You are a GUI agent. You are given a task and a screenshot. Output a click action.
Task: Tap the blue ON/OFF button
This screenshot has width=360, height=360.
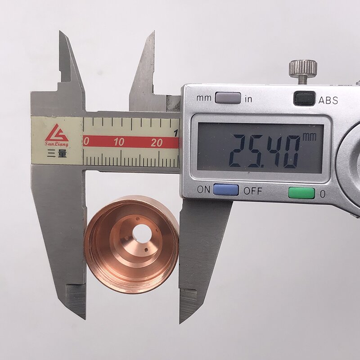[x=225, y=190]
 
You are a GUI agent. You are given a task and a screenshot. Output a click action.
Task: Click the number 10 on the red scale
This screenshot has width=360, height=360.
[x=119, y=143]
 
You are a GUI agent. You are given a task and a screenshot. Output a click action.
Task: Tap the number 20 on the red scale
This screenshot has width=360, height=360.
[x=157, y=143]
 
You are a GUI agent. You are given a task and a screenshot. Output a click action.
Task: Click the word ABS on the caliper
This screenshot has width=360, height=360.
[x=328, y=100]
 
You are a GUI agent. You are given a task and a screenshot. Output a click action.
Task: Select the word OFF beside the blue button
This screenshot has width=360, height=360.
[x=253, y=190]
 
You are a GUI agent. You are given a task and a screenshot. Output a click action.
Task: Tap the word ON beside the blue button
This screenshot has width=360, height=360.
[x=203, y=190]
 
